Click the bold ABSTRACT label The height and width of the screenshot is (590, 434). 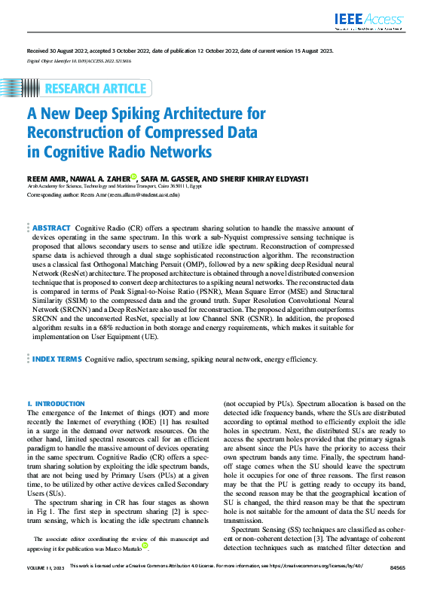point(51,228)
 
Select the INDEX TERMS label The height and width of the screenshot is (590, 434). point(57,359)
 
